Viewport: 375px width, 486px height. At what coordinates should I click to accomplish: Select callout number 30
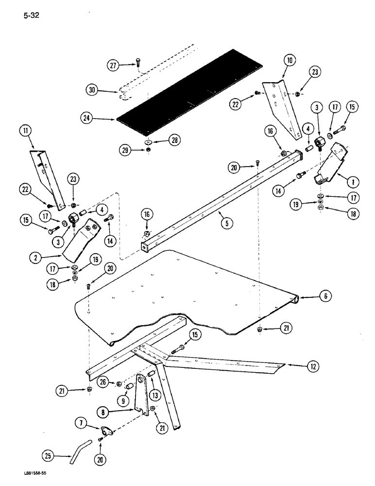click(92, 89)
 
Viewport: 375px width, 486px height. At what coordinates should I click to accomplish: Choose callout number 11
click(24, 130)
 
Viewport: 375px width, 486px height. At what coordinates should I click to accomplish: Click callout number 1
click(352, 182)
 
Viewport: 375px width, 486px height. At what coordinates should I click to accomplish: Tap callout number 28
click(174, 140)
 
